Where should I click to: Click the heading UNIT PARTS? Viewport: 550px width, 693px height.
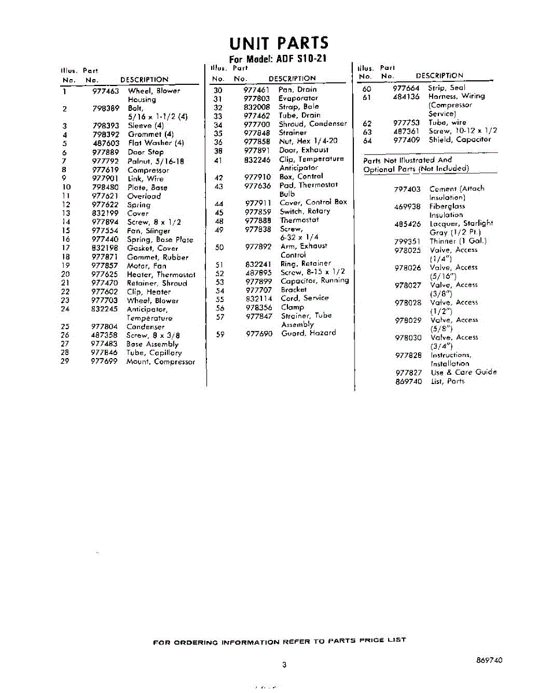tap(278, 43)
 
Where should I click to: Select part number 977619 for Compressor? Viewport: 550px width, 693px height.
tap(105, 170)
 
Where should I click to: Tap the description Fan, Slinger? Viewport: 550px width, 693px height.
tap(149, 230)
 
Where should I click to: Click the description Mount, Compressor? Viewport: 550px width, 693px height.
tap(160, 362)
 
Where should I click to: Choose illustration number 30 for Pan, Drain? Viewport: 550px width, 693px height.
tap(218, 90)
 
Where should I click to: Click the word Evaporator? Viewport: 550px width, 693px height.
tap(298, 98)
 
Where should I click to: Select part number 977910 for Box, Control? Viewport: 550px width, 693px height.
tap(257, 177)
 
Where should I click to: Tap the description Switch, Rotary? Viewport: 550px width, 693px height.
tap(305, 211)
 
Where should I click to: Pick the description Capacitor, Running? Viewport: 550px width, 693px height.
tap(315, 281)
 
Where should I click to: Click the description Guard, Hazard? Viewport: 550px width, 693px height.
tap(308, 333)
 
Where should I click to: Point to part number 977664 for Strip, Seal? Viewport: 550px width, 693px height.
tap(406, 88)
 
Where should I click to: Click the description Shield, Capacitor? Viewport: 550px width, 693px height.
tap(459, 139)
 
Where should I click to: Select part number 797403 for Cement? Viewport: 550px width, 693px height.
tap(407, 189)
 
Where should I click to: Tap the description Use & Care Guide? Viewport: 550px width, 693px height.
tap(463, 372)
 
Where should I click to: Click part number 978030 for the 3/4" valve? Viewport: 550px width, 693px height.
tap(408, 338)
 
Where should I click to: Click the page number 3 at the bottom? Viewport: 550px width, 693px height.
tap(284, 665)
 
